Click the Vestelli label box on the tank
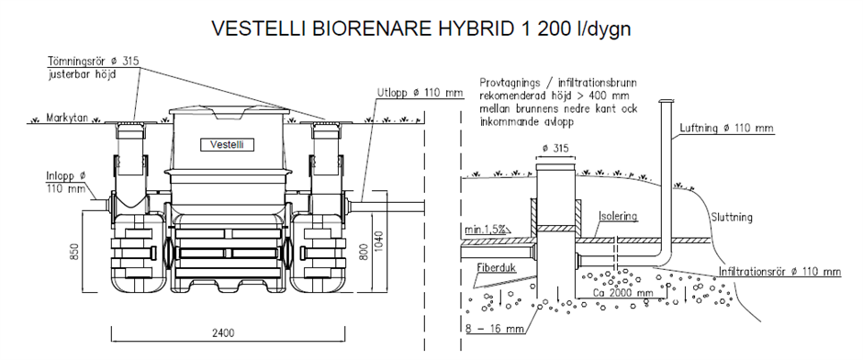pos(228,145)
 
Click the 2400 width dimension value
pos(223,332)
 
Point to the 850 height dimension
pos(74,251)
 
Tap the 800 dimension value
pos(363,251)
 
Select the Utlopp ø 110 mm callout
pos(420,92)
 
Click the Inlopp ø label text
pos(66,176)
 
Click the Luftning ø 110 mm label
pos(726,128)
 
